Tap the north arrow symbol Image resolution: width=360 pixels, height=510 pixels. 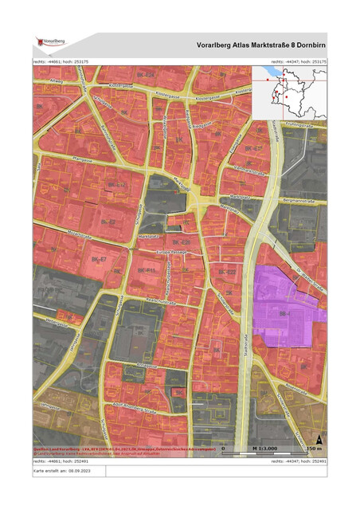coord(319,438)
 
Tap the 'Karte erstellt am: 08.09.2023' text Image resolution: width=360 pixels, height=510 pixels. coord(60,471)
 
